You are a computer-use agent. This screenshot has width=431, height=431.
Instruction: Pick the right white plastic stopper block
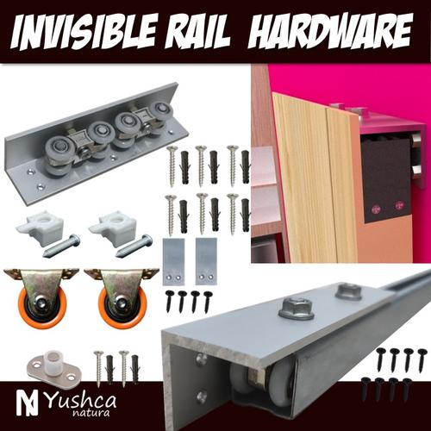[116, 229]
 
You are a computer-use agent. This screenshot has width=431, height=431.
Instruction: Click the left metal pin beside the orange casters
[61, 247]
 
